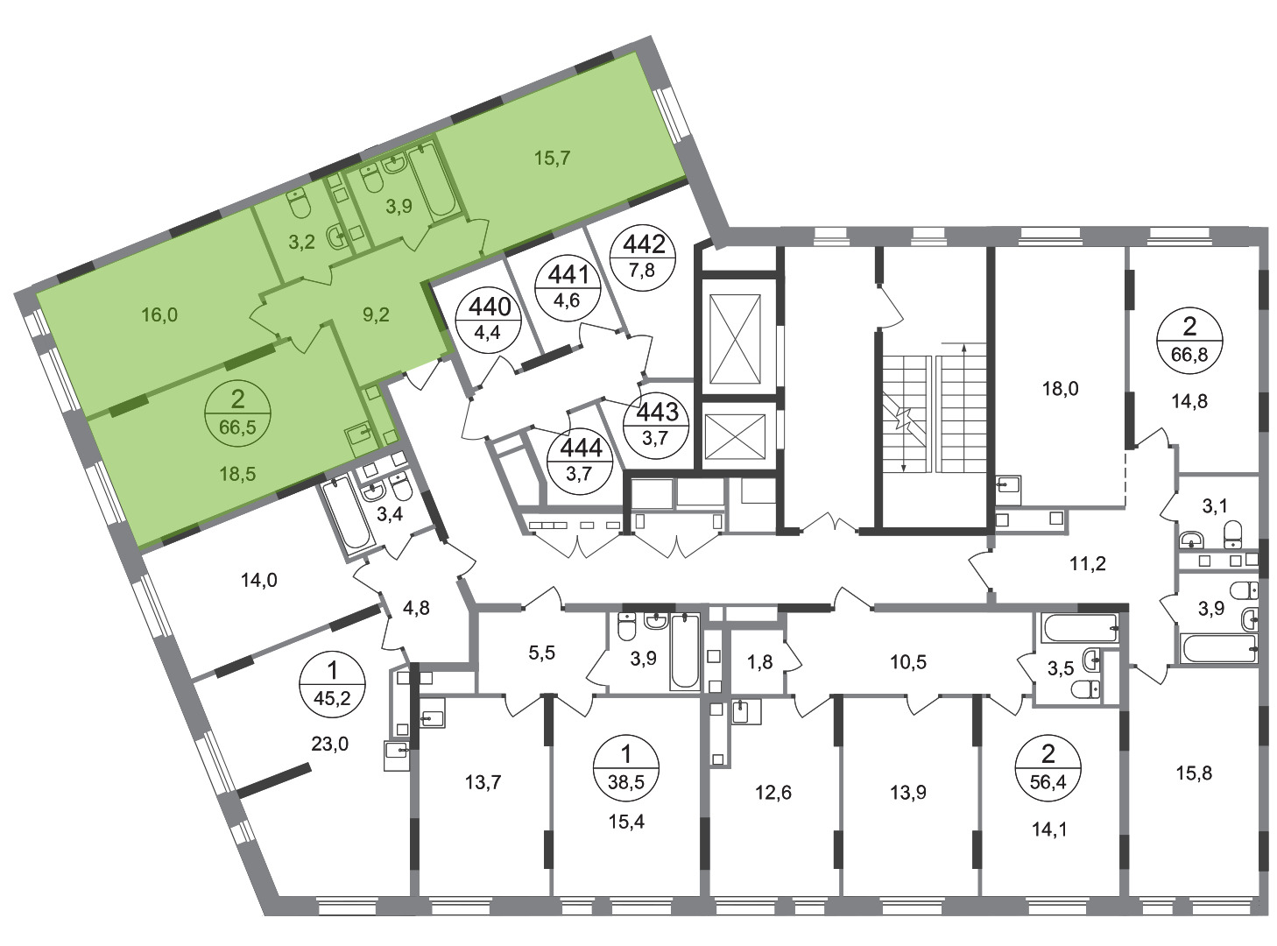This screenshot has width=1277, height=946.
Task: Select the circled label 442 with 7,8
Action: (x=643, y=258)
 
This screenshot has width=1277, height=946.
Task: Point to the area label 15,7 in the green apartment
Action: (x=552, y=158)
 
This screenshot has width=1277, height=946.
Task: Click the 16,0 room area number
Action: (x=159, y=315)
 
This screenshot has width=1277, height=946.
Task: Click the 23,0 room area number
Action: (x=330, y=745)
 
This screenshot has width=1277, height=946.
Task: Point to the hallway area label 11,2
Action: (x=1088, y=564)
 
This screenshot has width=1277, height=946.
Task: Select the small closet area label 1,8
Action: (x=760, y=662)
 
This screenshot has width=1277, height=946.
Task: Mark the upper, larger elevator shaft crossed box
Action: (x=735, y=339)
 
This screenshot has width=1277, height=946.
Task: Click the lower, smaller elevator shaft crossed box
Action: (x=735, y=437)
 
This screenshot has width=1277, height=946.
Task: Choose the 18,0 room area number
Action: (x=1060, y=389)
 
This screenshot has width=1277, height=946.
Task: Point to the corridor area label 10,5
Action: (x=908, y=662)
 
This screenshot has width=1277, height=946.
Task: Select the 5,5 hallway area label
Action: (x=542, y=653)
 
